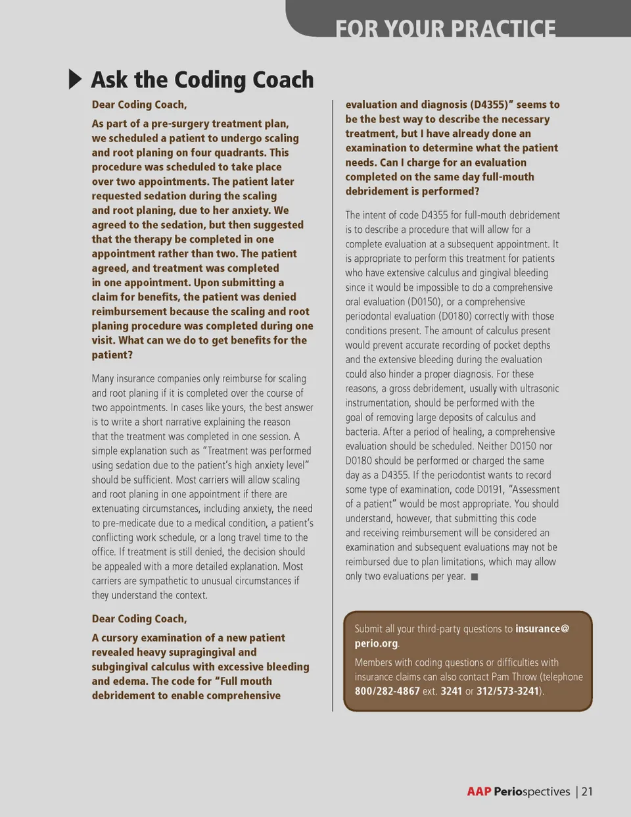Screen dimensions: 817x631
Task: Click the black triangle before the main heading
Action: click(x=76, y=80)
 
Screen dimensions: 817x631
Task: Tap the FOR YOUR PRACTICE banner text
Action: click(x=445, y=28)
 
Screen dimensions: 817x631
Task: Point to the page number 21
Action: click(x=587, y=791)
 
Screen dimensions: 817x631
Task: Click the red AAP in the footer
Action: click(x=479, y=791)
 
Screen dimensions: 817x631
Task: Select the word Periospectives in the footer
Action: click(x=532, y=791)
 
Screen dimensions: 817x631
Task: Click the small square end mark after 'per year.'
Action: click(x=475, y=577)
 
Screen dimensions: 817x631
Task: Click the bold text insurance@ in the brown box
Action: click(x=542, y=629)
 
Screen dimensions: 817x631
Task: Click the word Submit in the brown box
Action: click(x=369, y=629)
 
